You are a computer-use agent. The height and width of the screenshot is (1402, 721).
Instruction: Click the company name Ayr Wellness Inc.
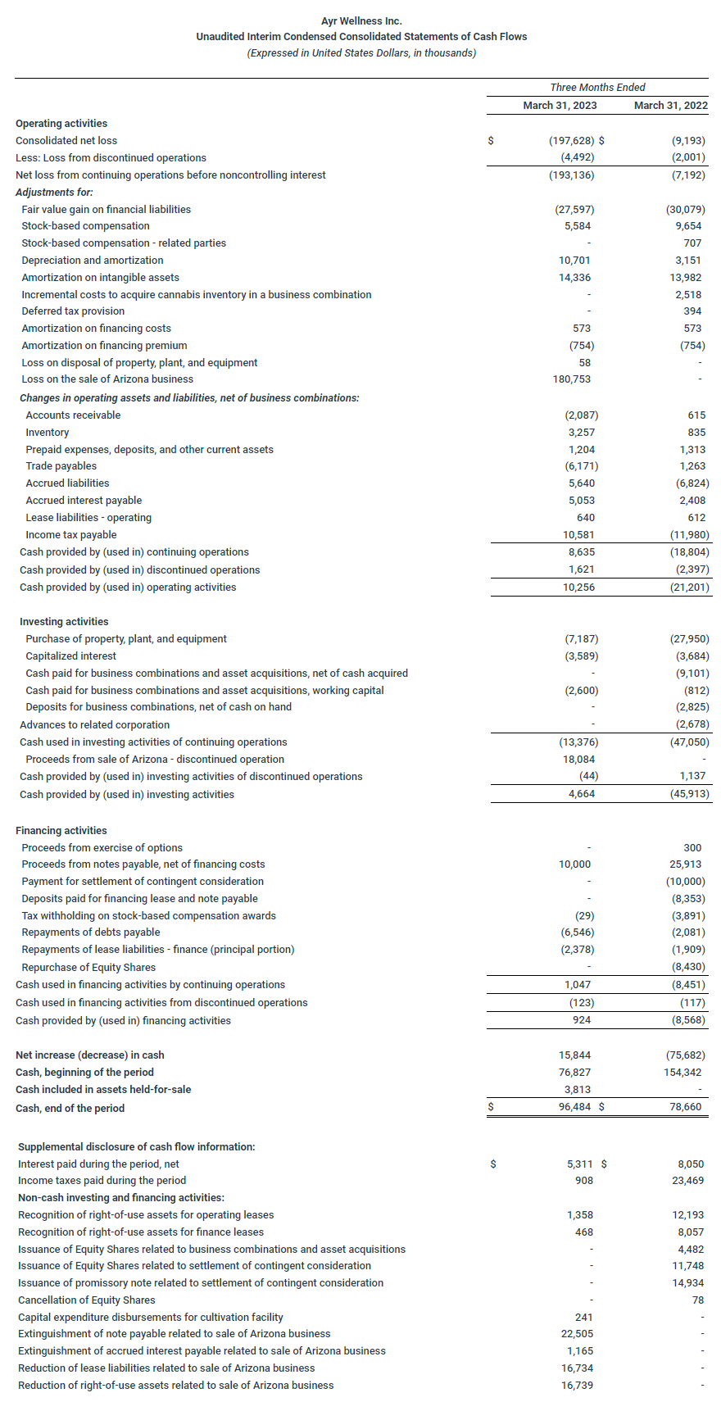361,20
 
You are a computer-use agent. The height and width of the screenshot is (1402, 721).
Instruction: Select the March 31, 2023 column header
560,106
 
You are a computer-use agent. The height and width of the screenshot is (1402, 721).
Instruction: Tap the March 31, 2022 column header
671,106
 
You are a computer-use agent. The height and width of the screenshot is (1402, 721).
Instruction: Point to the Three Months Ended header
597,88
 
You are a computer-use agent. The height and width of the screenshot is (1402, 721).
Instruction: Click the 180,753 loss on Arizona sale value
572,379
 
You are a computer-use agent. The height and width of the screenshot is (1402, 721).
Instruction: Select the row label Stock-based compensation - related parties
124,243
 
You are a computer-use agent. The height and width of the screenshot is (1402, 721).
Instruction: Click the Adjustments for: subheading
54,193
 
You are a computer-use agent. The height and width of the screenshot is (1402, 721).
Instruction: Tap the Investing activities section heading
64,622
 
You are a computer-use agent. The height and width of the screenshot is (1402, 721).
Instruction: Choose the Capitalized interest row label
71,656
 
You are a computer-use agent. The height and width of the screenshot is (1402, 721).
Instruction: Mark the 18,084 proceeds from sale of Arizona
578,760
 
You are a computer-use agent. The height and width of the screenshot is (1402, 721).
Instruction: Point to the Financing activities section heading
61,831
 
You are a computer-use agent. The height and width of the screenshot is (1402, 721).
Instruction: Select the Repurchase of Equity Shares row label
88,968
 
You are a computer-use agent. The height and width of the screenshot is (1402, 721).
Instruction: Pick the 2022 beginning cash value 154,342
682,1073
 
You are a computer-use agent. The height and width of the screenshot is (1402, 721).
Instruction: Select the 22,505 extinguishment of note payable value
577,1334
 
